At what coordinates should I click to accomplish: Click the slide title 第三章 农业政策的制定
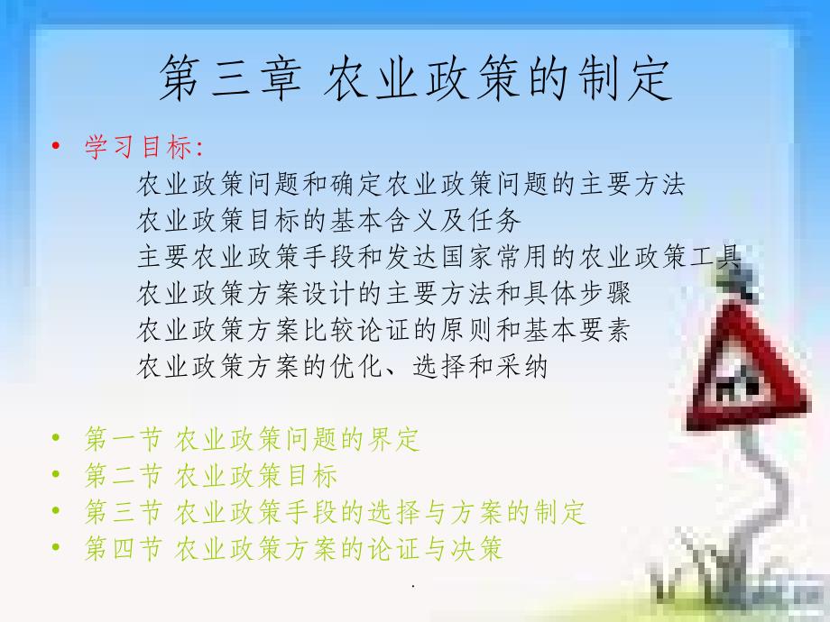coord(416,78)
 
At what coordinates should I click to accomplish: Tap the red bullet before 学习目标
coord(56,146)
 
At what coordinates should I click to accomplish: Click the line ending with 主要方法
coord(410,184)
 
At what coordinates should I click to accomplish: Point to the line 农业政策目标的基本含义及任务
coord(328,220)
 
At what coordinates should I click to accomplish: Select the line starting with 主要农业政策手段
coord(438,257)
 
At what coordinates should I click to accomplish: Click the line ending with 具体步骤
coord(383,293)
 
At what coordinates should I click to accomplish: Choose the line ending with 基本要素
coord(383,330)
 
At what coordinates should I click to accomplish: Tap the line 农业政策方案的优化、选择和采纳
coord(342,366)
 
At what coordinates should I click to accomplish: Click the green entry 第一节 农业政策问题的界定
coord(253,439)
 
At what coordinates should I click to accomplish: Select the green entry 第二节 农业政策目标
coord(211,475)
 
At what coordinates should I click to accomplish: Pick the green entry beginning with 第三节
coord(335,512)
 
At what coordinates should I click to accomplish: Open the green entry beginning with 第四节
coord(293,548)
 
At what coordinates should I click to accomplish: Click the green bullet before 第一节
coord(56,438)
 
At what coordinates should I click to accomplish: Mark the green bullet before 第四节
coord(56,547)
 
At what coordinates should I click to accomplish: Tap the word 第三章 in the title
coord(230,78)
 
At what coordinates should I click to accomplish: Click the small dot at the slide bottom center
coord(413,586)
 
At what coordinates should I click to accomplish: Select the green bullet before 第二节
coord(56,474)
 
